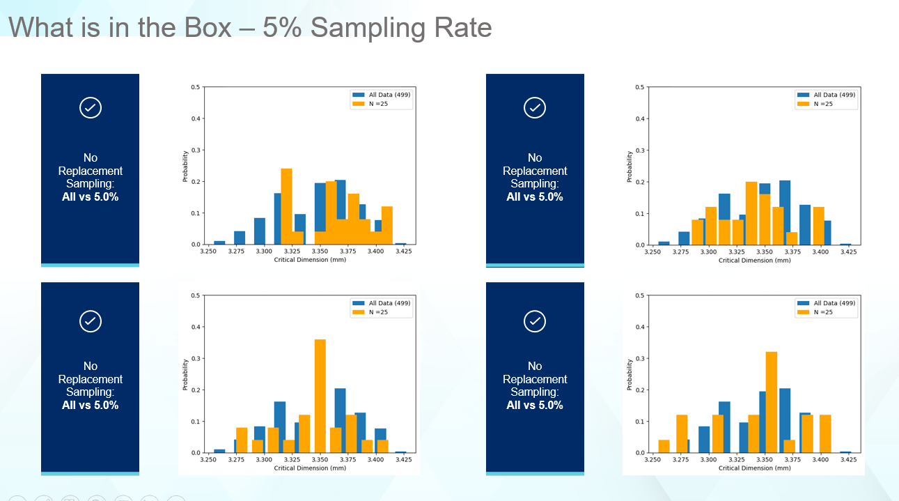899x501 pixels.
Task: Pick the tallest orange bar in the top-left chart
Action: (286, 206)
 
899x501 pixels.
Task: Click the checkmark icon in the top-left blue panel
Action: (91, 108)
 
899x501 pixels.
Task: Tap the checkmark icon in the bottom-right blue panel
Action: (535, 321)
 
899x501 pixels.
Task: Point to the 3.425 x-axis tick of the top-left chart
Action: (403, 252)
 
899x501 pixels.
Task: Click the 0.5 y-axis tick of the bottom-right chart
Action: (640, 295)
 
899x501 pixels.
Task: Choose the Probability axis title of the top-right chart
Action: (630, 167)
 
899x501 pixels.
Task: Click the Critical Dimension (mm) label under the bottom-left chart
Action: (310, 468)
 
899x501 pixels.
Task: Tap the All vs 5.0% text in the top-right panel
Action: (535, 197)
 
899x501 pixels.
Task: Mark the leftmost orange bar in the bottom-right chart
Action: (664, 447)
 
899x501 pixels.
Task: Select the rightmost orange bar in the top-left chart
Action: (387, 225)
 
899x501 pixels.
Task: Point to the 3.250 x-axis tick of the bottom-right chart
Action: (652, 460)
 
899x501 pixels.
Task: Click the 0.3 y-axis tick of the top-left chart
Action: (196, 150)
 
